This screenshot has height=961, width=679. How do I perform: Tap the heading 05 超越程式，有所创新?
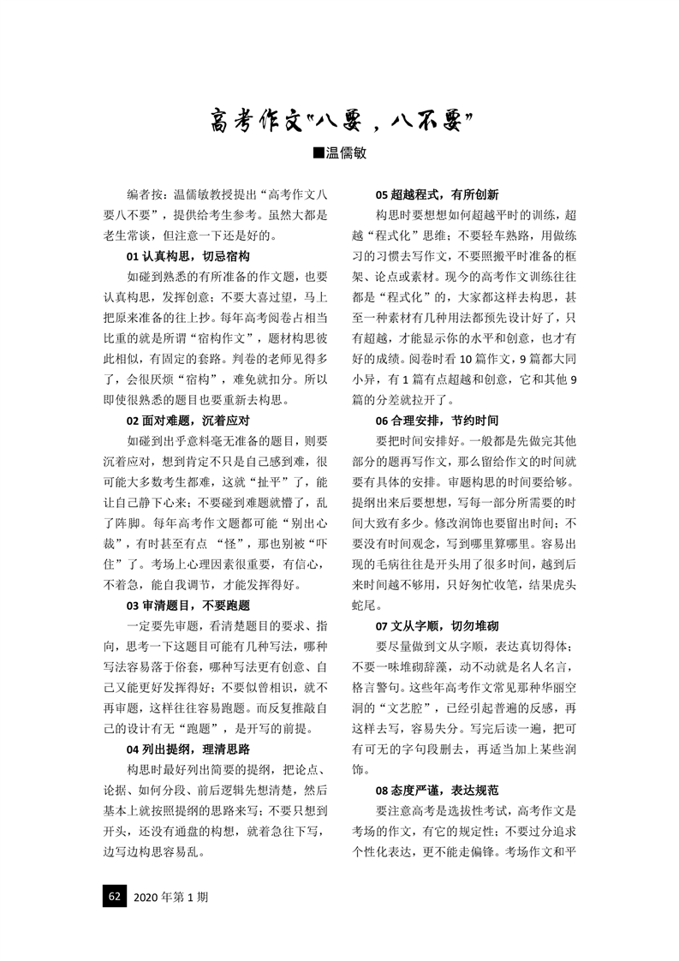(x=437, y=194)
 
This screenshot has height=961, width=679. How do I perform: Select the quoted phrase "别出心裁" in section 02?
(x=295, y=523)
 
